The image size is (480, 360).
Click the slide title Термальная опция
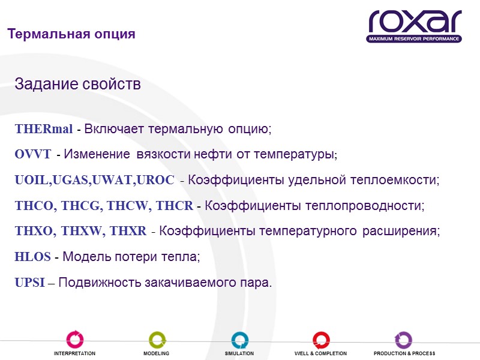click(71, 34)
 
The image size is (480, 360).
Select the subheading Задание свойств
click(77, 85)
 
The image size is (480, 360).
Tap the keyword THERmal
click(44, 129)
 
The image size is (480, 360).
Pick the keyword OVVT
click(33, 155)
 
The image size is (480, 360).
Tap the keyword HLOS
click(32, 257)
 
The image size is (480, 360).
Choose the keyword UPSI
click(29, 283)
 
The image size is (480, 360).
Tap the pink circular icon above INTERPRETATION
click(74, 340)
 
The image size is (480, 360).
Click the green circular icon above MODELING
click(157, 340)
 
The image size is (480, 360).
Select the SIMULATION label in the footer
click(239, 354)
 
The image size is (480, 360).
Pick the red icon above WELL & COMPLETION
click(320, 340)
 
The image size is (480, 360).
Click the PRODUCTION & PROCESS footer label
click(404, 354)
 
